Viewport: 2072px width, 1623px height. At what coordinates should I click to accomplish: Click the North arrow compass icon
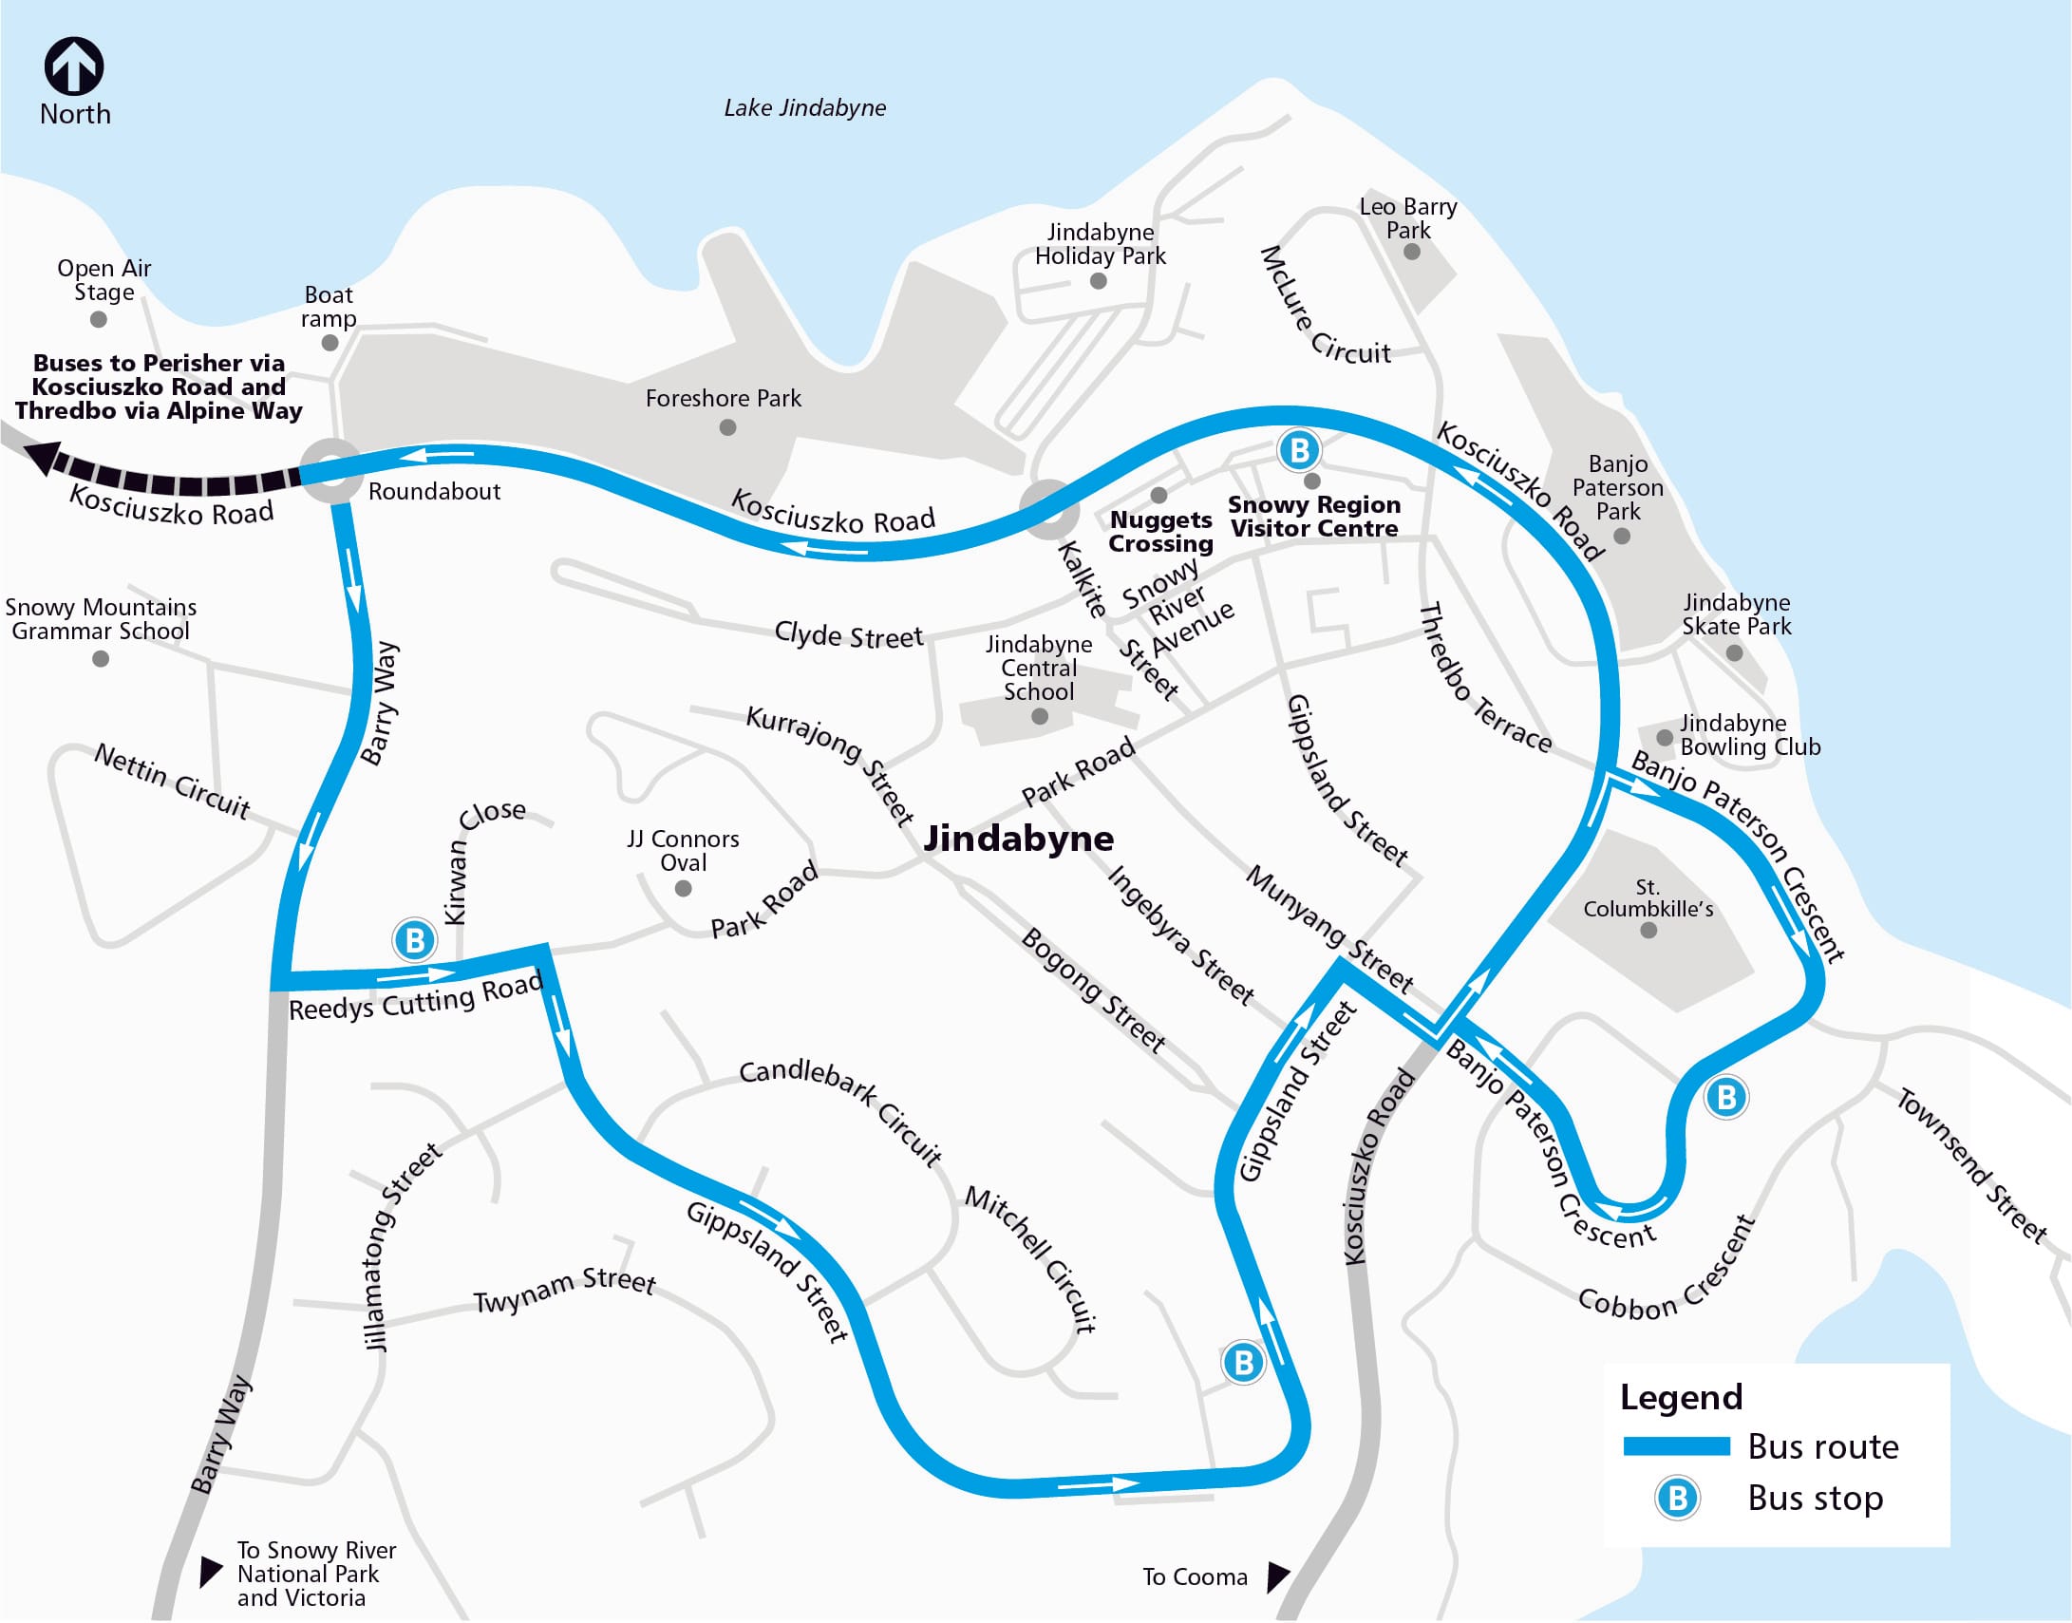(74, 66)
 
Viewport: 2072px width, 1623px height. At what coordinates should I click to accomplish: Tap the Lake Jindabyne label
(803, 107)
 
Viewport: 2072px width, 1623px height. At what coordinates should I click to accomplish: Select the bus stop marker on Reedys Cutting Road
(414, 940)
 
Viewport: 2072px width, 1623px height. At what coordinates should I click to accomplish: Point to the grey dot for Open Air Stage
(98, 319)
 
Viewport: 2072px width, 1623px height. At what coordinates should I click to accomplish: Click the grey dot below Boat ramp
(330, 342)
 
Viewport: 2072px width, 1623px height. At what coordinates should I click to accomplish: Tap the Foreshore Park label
(723, 398)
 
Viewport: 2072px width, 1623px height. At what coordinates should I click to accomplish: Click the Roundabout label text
(433, 491)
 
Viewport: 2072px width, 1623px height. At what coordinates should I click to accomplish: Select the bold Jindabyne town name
(1017, 839)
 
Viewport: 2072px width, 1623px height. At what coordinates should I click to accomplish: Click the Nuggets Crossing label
(1160, 531)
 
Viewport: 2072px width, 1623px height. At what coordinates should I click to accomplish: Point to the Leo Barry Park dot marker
(1411, 252)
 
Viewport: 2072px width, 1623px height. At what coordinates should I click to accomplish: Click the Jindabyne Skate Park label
(1736, 613)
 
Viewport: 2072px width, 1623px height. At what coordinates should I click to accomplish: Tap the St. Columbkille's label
(1648, 898)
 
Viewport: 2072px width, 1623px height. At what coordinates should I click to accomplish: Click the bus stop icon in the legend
(1677, 1499)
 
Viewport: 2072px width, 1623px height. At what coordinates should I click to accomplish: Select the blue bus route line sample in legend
(1676, 1446)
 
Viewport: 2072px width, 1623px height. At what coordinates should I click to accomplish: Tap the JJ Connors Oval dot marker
(682, 889)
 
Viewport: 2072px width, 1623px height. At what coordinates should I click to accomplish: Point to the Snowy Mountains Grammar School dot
(101, 658)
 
